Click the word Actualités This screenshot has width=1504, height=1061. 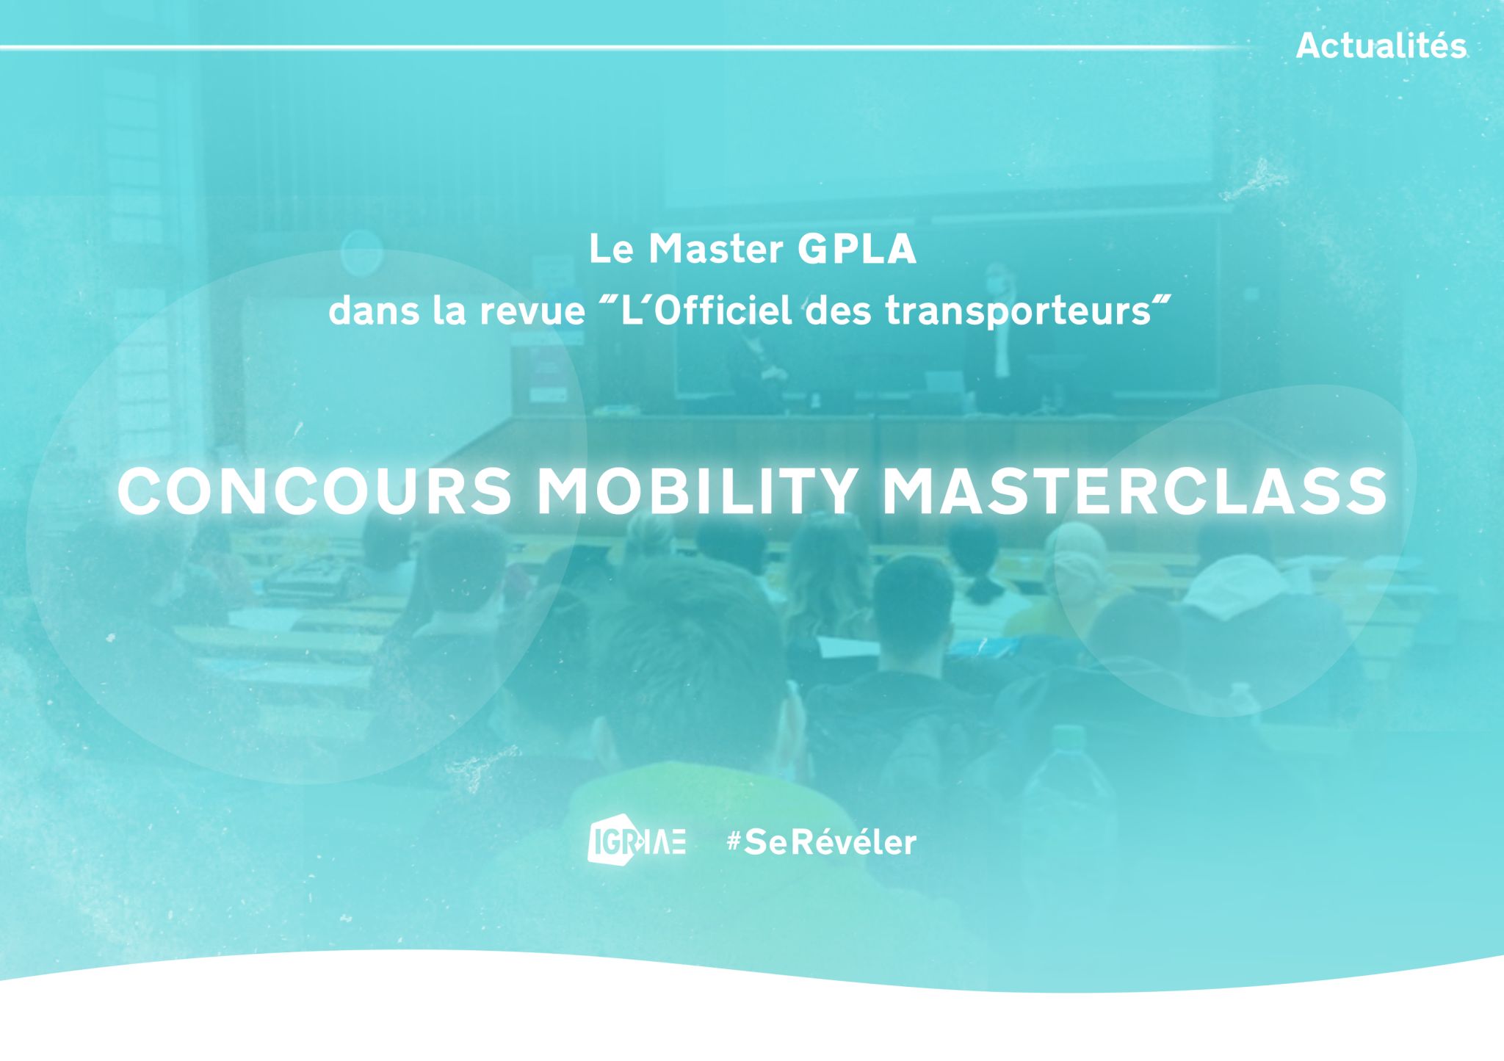click(1381, 46)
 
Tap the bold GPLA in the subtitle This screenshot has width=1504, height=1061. click(857, 250)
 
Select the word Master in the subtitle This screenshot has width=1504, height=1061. click(715, 250)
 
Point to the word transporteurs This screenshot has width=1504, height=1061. click(1018, 312)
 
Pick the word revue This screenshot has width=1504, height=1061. click(532, 312)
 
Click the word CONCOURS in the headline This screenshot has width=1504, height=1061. click(314, 492)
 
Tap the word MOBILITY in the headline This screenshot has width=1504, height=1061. click(697, 492)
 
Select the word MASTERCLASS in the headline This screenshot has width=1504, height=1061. click(1134, 492)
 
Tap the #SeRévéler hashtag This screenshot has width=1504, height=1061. click(821, 842)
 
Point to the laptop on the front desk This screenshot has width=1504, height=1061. click(944, 383)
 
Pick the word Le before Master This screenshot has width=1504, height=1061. click(610, 250)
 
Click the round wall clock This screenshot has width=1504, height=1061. click(361, 252)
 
